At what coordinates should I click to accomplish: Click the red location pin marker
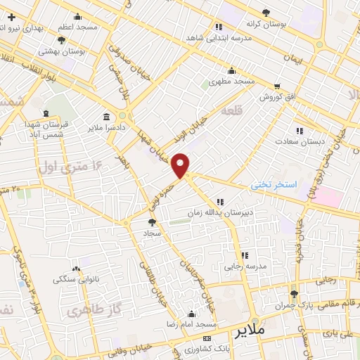[x=181, y=165]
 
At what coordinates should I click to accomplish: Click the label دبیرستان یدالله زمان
[x=220, y=211]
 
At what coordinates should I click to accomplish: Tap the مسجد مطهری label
[x=234, y=82]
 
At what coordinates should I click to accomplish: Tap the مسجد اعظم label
[x=78, y=25]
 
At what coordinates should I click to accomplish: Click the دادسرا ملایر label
[x=105, y=128]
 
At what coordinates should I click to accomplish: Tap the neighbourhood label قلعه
[x=231, y=112]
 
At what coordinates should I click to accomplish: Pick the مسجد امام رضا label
[x=189, y=325]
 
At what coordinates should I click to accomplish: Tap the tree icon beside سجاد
[x=153, y=223]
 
